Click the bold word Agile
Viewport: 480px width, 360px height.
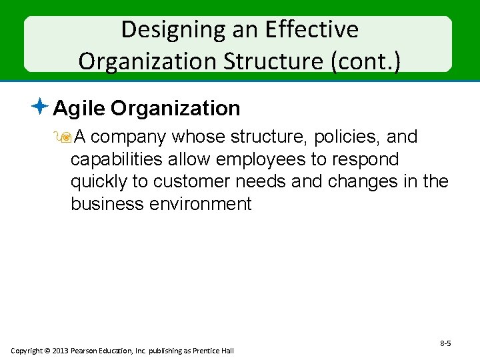tap(79, 108)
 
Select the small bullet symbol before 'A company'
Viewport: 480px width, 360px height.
tap(65, 138)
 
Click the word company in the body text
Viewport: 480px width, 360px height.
tap(129, 137)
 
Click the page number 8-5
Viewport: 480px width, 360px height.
tap(445, 343)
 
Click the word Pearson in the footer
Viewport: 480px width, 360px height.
tap(91, 351)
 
